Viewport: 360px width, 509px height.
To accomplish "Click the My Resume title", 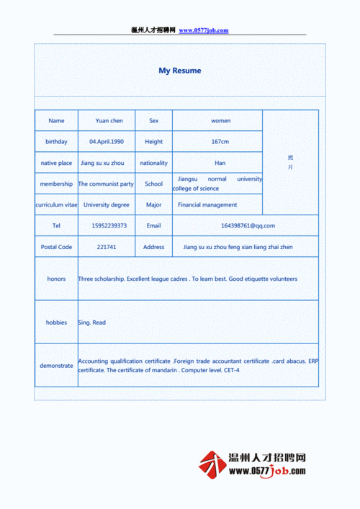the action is click(x=180, y=71).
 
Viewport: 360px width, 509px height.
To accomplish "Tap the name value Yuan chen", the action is click(x=109, y=121).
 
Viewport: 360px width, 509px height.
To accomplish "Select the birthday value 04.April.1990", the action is click(x=107, y=142).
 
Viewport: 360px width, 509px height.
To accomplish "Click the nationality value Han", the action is click(x=220, y=163).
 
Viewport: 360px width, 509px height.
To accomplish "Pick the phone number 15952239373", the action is click(x=109, y=225).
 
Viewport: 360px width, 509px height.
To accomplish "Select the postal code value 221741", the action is click(x=107, y=247).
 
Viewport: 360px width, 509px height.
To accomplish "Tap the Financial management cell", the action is click(x=207, y=204).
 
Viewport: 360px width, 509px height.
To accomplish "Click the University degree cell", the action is click(x=107, y=204).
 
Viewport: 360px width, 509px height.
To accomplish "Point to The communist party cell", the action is click(x=107, y=184).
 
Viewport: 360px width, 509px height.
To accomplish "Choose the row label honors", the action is click(x=56, y=279).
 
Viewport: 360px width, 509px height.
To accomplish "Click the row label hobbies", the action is click(x=56, y=323).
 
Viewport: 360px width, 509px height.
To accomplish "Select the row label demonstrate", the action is click(x=56, y=366).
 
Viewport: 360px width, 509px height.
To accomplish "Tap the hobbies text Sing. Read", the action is click(x=92, y=323).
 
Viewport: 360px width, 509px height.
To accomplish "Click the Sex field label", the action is click(x=153, y=121).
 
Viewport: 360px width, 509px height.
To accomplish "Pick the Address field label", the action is click(x=153, y=247).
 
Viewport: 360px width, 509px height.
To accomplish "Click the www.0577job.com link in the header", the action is click(x=204, y=30).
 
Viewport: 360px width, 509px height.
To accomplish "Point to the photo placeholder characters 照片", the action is click(x=290, y=162).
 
